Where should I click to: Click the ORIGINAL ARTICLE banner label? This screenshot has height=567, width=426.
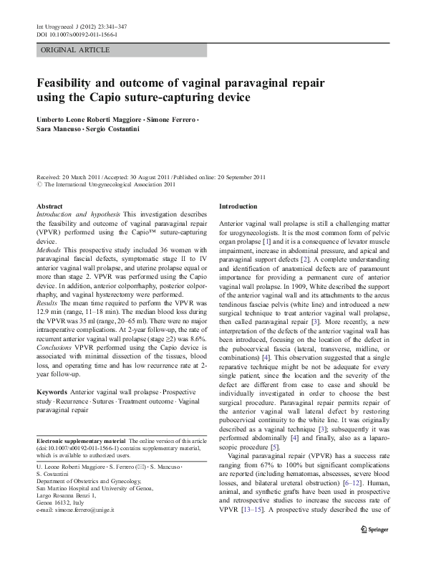tap(75, 50)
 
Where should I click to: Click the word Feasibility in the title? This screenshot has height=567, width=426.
tap(73, 83)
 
